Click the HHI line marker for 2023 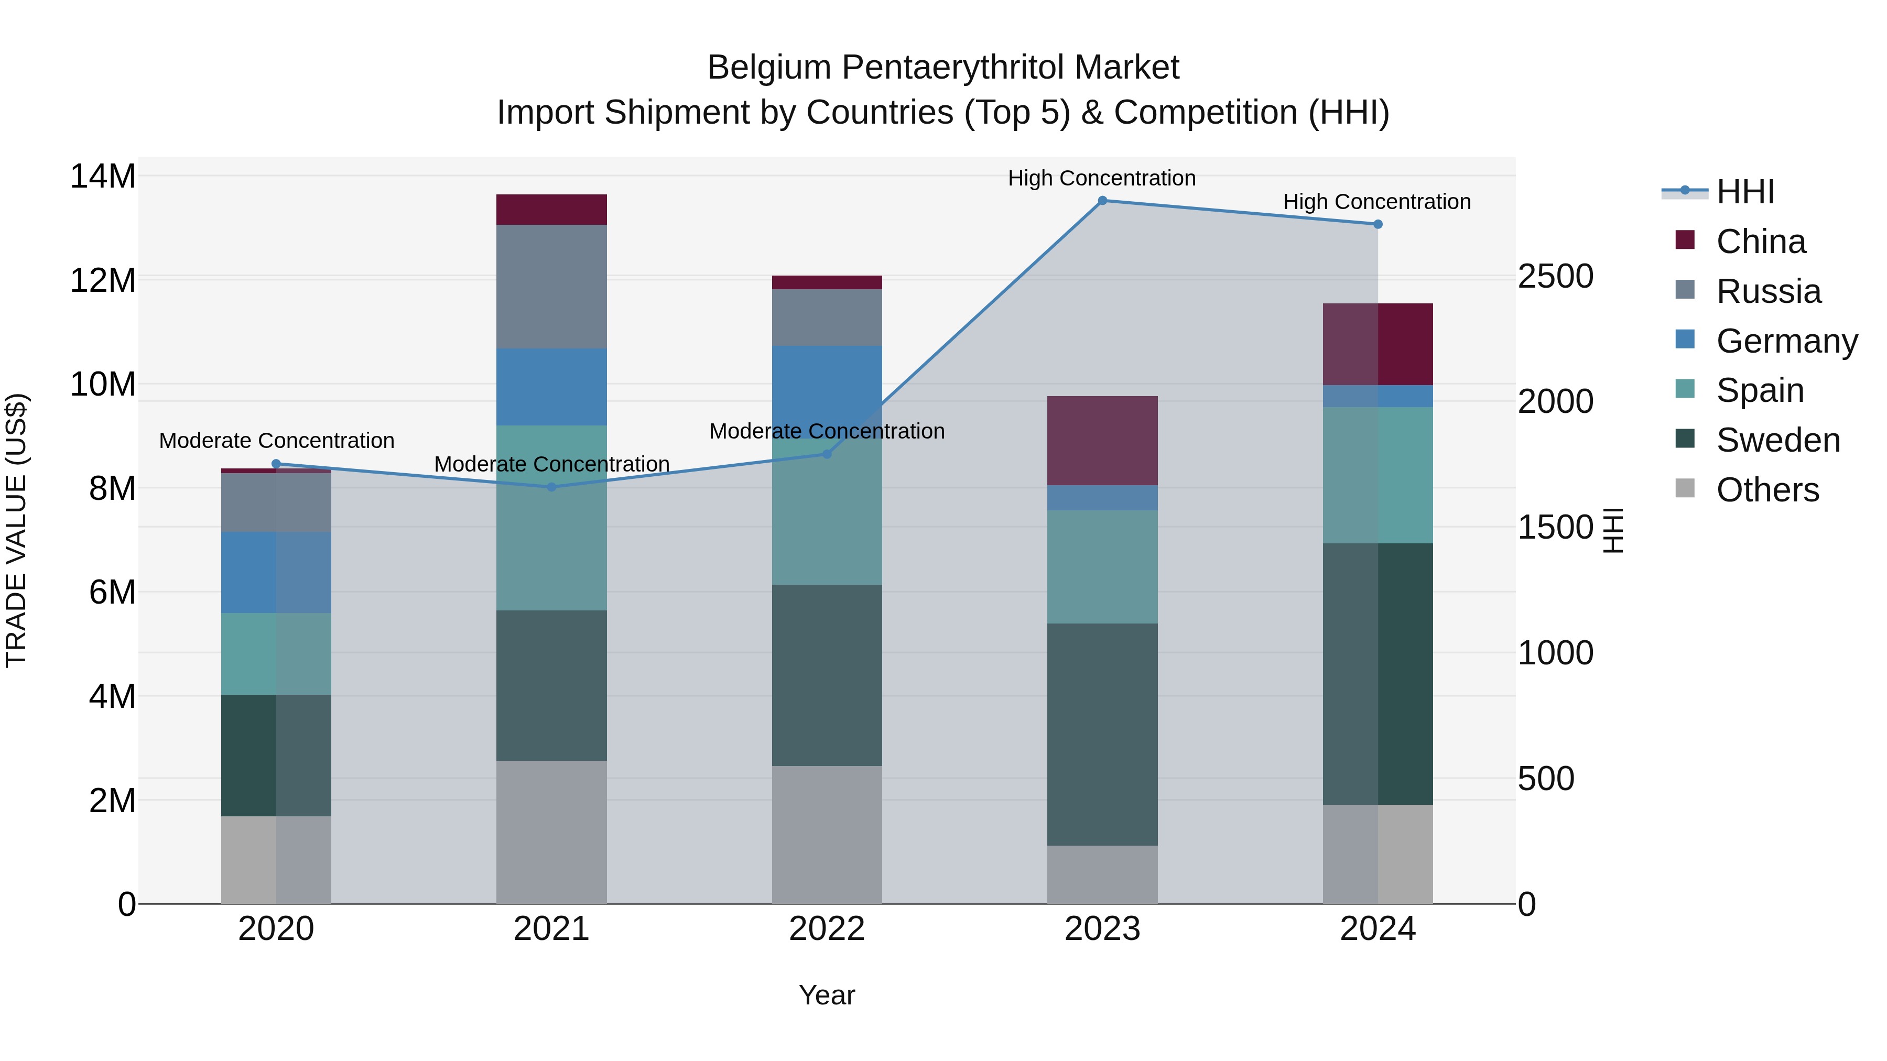coord(1102,201)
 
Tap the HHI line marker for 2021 coord(551,487)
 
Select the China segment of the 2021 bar coord(551,210)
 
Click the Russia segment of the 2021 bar coord(551,286)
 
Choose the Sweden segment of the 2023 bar coord(1102,735)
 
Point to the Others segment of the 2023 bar coord(1102,874)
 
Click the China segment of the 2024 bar coord(1377,344)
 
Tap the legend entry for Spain coord(1760,390)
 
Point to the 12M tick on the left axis coord(103,280)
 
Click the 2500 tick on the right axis coord(1555,277)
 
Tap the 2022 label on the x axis coord(827,929)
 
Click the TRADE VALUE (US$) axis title coord(16,530)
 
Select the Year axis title coord(827,995)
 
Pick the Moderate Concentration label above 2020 coord(276,441)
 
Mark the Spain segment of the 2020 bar coord(276,654)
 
